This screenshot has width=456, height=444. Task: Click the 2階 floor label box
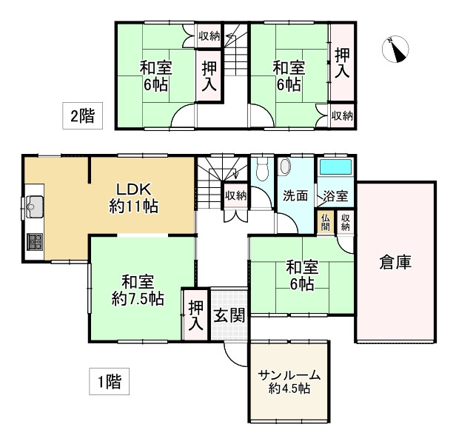[x=82, y=115]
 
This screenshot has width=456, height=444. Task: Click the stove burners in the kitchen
[x=33, y=241]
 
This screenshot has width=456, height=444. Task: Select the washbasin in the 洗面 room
[x=284, y=167]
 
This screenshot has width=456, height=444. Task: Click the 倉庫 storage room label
[x=395, y=261]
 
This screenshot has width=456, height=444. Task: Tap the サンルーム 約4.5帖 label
[x=284, y=381]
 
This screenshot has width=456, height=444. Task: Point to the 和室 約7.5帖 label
[x=137, y=289]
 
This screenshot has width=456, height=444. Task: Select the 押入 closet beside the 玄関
[x=195, y=314]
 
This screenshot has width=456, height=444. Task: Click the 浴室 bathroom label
[x=335, y=196]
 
